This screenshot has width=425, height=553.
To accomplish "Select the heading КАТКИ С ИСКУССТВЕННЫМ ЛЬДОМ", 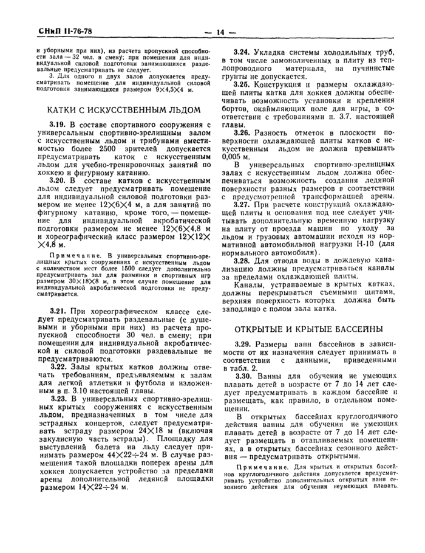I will tap(124, 110).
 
